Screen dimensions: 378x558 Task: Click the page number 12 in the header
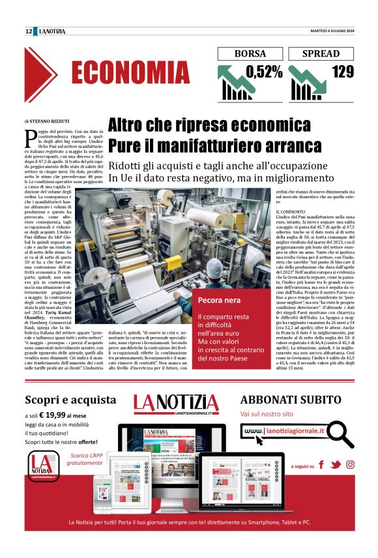click(x=29, y=31)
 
